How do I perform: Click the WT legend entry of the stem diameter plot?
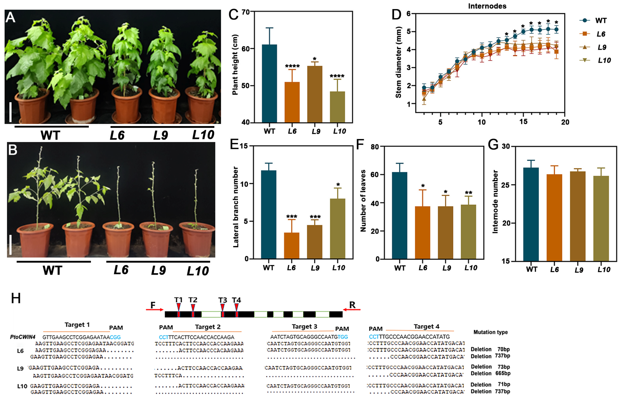pyautogui.click(x=595, y=20)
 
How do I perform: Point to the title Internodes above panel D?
pyautogui.click(x=487, y=6)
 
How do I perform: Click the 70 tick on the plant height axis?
pyautogui.click(x=246, y=12)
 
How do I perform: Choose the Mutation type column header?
pyautogui.click(x=490, y=332)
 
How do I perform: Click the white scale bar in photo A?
pyautogui.click(x=10, y=112)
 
